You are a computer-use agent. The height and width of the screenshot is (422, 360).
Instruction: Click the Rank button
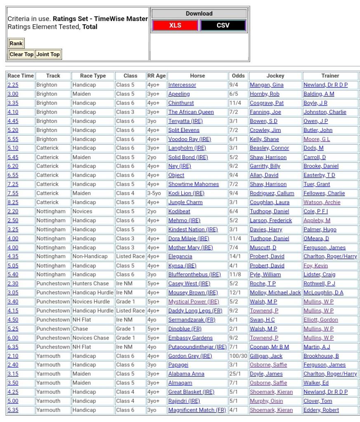(x=16, y=43)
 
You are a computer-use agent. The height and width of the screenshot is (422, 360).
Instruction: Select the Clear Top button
(x=21, y=54)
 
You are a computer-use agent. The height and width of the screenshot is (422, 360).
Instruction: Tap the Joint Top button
(x=48, y=54)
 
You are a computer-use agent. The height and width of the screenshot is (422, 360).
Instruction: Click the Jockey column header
(x=275, y=76)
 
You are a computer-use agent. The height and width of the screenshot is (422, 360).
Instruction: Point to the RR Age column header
(x=156, y=76)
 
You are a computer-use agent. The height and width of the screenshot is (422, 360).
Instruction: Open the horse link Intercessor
(x=182, y=85)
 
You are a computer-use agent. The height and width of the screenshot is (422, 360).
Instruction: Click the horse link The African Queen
(x=191, y=112)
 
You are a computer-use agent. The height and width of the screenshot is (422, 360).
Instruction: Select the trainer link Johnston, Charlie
(x=325, y=112)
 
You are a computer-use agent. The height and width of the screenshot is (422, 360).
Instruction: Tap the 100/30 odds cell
(x=238, y=356)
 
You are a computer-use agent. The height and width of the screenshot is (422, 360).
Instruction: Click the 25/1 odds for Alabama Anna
(x=236, y=374)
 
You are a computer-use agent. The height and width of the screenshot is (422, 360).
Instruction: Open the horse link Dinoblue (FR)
(x=185, y=329)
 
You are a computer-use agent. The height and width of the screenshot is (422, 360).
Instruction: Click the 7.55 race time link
(x=13, y=193)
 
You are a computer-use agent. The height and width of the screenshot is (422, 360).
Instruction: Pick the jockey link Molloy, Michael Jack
(x=275, y=293)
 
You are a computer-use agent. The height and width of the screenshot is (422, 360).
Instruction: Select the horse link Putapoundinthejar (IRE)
(x=197, y=347)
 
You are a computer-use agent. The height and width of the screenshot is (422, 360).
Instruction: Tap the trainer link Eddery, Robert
(x=321, y=410)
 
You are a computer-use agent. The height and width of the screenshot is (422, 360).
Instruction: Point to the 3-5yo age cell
(x=155, y=193)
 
